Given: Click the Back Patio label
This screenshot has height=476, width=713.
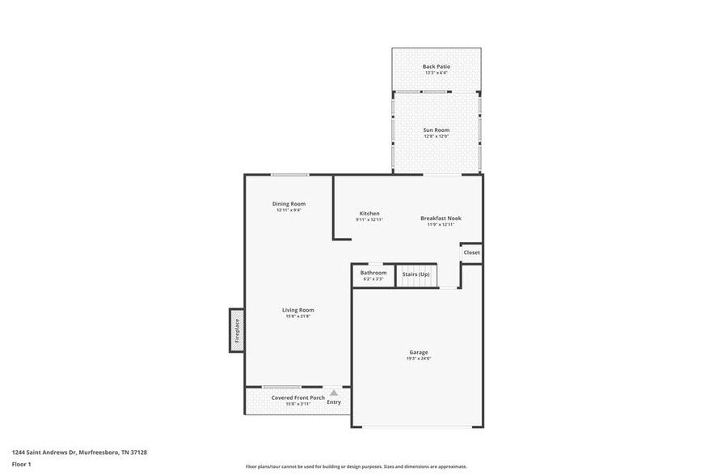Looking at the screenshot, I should coord(437,66).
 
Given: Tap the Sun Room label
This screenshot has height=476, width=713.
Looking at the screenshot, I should coord(437,130).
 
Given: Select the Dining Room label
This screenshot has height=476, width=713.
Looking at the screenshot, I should coord(289,203).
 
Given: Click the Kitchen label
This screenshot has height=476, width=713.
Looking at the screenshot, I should coord(369,213).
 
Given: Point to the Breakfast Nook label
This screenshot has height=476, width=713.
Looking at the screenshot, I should coord(441,218).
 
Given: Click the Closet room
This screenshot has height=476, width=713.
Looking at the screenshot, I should coord(471,253).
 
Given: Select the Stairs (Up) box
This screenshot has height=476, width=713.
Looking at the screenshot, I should coord(416,274).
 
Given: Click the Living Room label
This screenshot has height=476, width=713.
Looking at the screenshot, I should coord(297,310).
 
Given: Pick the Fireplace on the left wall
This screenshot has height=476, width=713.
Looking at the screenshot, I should coord(237,330).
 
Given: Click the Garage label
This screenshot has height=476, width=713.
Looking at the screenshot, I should coord(418,352).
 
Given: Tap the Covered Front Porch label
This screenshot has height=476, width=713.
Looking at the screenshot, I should coord(297,397).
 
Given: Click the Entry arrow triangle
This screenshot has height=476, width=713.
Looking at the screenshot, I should coord(334,393).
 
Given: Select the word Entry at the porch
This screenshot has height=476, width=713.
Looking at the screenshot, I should coord(334,402).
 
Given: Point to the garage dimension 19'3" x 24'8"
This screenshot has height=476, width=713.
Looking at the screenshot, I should coord(418,359).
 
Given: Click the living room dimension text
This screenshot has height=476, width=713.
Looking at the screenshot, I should coord(297,317).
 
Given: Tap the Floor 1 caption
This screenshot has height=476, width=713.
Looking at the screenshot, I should coord(21,464).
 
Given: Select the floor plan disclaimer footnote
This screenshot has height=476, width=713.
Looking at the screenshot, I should coord(356,466).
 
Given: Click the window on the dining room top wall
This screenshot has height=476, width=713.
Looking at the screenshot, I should coord(289,175).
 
